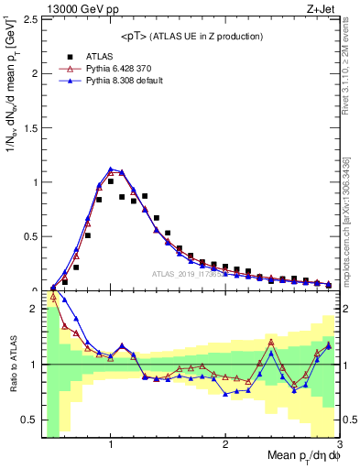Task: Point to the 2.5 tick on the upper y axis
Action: [32, 19]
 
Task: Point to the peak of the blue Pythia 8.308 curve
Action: [111, 169]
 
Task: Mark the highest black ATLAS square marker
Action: [111, 181]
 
